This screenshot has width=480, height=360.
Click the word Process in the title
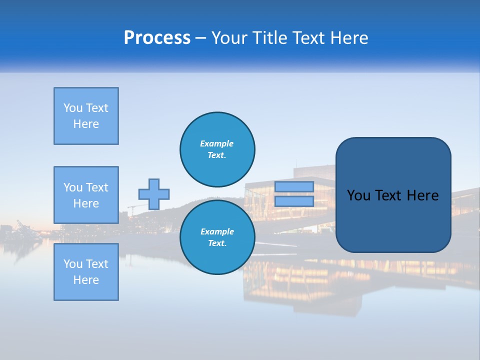pos(157,38)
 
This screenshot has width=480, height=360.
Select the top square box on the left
pos(86,116)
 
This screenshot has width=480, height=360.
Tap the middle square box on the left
pos(86,195)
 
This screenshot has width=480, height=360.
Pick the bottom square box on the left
pos(86,272)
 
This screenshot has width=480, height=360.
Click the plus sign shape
pos(154,194)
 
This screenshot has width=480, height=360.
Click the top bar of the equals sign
pos(294,186)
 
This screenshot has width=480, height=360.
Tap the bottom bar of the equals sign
pos(294,201)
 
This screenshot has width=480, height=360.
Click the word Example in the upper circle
pos(217,143)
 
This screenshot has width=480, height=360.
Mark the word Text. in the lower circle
pos(217,243)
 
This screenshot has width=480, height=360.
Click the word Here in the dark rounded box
pos(422,195)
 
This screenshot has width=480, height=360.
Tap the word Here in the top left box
pos(86,124)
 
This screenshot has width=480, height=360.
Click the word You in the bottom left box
pos(73,264)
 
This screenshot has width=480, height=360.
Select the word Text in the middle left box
pos(97,187)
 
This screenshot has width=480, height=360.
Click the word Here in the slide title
pos(349,38)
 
